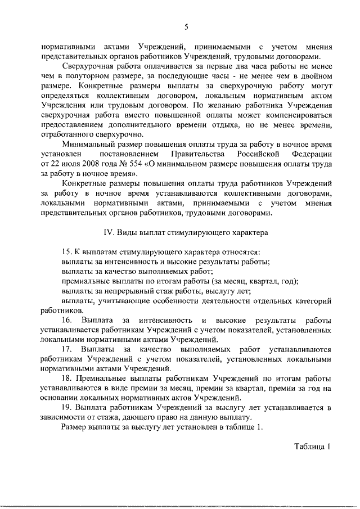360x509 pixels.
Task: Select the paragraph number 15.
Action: (x=66, y=253)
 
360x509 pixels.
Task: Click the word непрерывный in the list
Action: (x=120, y=291)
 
